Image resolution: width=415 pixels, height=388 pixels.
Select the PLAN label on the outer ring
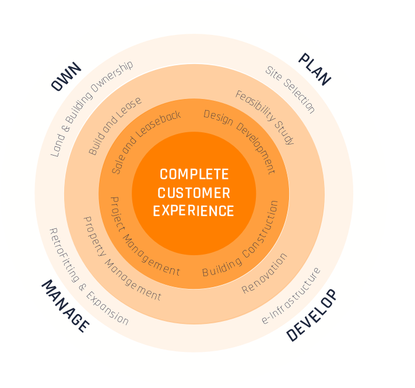tap(315, 69)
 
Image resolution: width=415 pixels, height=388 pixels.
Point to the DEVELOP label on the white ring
tap(312, 315)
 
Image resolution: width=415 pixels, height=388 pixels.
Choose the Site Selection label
tap(290, 89)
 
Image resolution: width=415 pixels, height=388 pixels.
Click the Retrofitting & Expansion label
tap(88, 277)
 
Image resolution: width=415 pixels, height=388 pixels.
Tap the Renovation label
tap(265, 273)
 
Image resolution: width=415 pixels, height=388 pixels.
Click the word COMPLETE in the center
tap(194, 174)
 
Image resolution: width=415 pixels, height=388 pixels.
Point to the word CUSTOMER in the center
tap(194, 193)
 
